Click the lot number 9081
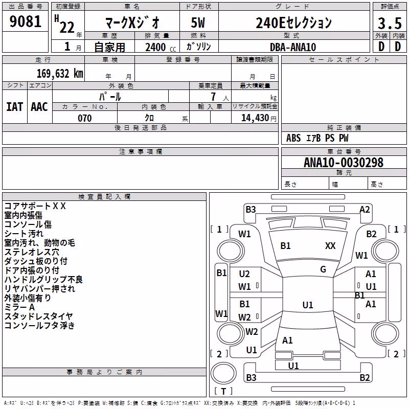[x=25, y=21]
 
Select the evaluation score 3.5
[x=390, y=23]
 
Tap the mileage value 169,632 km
[x=60, y=74]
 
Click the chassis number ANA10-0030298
[x=344, y=163]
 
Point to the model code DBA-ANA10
[x=293, y=47]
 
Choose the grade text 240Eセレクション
[x=293, y=22]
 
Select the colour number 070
[x=85, y=118]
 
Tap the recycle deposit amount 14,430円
[x=259, y=118]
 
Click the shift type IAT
[x=14, y=107]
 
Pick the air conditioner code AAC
[x=39, y=107]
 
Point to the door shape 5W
[x=198, y=22]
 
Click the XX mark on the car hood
[x=330, y=246]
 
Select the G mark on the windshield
[x=323, y=269]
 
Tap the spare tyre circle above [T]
[x=223, y=373]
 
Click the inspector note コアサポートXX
[x=35, y=206]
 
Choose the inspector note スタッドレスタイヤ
[x=38, y=316]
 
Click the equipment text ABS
[x=293, y=138]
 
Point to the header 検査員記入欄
[x=104, y=197]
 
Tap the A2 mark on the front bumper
[x=365, y=210]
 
